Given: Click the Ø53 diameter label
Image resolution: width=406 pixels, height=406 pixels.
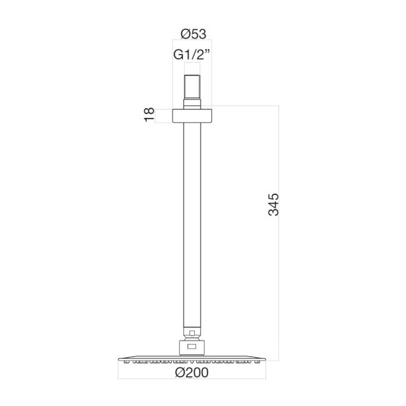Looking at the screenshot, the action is (x=193, y=34).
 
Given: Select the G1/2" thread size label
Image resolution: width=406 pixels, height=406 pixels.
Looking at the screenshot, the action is (x=192, y=54).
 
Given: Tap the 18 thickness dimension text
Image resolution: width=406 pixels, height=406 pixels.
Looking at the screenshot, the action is (x=149, y=114).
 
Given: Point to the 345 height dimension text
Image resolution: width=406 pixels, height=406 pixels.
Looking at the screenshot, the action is (x=274, y=204).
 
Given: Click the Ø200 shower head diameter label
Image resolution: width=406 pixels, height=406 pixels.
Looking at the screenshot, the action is (x=192, y=373).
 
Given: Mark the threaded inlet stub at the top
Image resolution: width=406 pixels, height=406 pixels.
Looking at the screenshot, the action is (x=192, y=87).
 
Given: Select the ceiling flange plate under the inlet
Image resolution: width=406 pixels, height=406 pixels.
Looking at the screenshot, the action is (x=192, y=116).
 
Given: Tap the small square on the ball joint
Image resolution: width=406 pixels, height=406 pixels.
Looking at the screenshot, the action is (x=192, y=333).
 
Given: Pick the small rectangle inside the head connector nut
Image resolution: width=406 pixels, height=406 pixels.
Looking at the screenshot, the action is (x=192, y=347).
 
